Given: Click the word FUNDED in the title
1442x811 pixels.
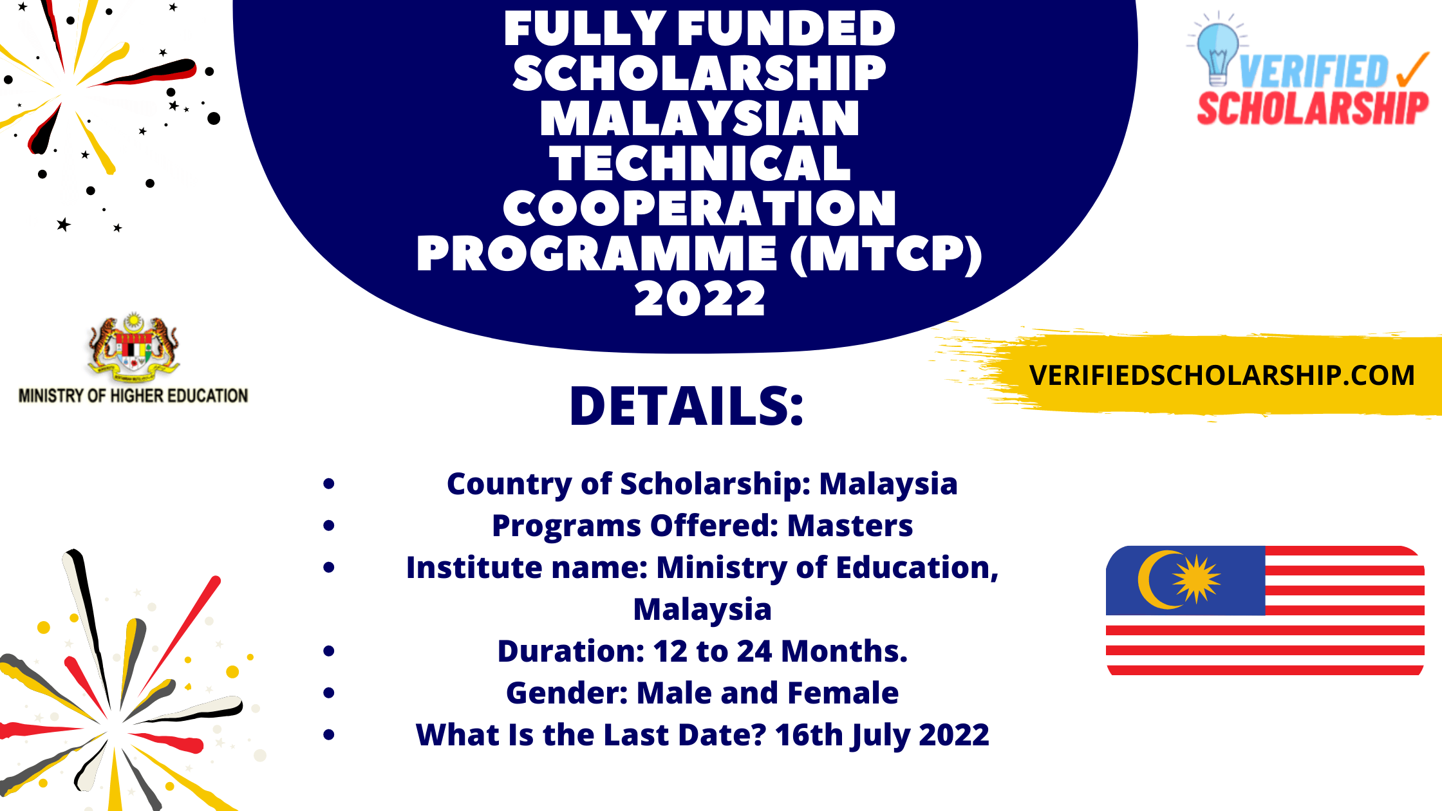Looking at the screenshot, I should [786, 29].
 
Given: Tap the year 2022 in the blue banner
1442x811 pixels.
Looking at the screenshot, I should [700, 299].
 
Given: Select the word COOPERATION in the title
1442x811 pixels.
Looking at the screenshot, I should [700, 209].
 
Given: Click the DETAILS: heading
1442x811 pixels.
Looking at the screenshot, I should [687, 407].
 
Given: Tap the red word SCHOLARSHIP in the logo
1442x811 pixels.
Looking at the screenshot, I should [1313, 108].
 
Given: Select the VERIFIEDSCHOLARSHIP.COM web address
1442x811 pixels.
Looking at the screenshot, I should [1221, 375].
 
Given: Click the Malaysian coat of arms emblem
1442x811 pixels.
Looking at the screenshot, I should [133, 348].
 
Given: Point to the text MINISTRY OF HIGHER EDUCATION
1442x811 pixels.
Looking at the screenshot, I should [133, 396].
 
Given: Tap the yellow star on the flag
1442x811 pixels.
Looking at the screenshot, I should [1196, 579].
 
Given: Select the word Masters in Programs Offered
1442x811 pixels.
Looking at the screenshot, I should [850, 526].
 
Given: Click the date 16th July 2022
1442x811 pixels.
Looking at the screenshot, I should [882, 735].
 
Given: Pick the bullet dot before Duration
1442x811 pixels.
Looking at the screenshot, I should [329, 651].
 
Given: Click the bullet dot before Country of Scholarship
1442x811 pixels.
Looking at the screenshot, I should [329, 484].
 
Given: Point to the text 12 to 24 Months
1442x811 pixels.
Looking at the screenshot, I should [780, 651].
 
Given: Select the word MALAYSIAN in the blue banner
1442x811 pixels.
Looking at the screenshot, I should [700, 119].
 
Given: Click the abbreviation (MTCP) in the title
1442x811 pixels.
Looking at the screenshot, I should [886, 254].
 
